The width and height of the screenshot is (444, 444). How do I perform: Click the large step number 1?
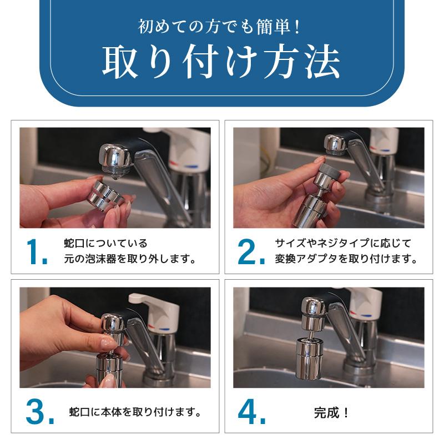pyautogui.click(x=37, y=253)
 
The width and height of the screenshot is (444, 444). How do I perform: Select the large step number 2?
pyautogui.click(x=250, y=253)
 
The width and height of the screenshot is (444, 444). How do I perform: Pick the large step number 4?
pyautogui.click(x=250, y=412)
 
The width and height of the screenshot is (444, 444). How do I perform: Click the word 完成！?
pyautogui.click(x=331, y=413)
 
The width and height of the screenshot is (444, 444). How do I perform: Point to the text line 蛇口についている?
pyautogui.click(x=105, y=244)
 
